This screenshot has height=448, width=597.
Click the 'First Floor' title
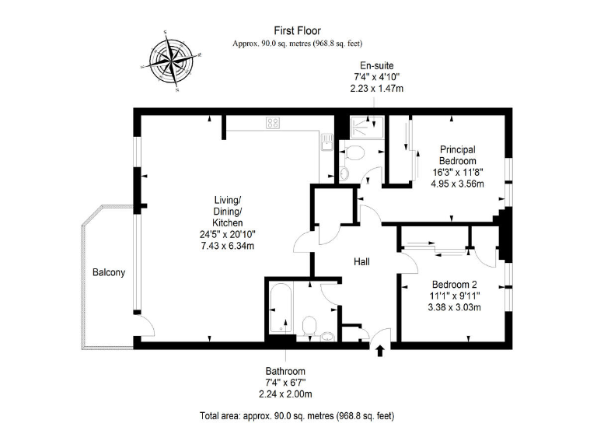pos(298,31)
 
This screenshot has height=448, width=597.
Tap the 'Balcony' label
pos(109,273)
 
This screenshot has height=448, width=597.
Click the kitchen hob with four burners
pos(273,122)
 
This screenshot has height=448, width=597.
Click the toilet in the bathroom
pos(309,325)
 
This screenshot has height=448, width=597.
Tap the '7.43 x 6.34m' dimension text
pos(228,246)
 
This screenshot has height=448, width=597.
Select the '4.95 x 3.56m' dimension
pos(458,184)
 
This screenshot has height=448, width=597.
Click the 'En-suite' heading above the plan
pos(376,65)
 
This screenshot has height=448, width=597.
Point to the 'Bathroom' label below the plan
pos(285,371)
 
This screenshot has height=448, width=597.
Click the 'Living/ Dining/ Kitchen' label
pos(228,211)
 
